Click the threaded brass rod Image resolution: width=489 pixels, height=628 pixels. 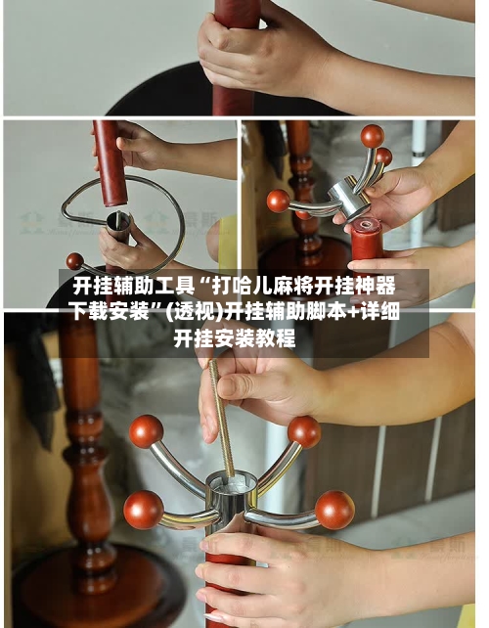tap(221, 419)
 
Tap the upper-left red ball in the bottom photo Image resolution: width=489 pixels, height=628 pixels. tap(146, 431)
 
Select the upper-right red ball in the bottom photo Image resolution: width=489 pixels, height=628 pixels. tap(304, 431)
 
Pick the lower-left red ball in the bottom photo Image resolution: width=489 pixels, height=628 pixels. tap(144, 510)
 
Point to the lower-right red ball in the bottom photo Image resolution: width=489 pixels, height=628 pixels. tap(334, 510)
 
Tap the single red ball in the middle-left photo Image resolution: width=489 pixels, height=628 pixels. tap(75, 261)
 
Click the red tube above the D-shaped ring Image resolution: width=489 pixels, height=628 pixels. tap(110, 163)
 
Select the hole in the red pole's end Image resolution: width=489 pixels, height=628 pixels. tap(367, 225)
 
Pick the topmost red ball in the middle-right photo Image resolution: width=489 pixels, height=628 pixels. tap(373, 136)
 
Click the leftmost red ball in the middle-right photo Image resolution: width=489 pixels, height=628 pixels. tap(279, 202)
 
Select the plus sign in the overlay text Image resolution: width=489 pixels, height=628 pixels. tap(353, 312)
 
